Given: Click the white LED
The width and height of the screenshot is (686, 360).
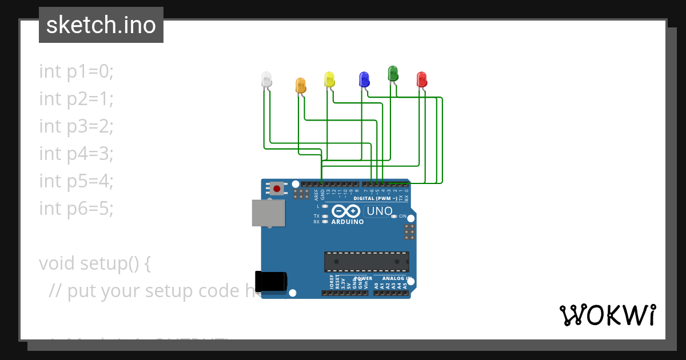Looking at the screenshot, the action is coord(266,79).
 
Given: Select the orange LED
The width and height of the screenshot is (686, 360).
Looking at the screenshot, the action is coord(301,85).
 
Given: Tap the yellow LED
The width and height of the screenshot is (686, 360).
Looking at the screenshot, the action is coord(329,79).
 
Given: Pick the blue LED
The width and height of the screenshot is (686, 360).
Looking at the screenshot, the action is coord(364,79).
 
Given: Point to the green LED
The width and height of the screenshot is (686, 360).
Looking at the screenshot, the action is coord(393,73).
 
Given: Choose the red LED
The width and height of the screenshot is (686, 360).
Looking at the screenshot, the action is coord(422,79).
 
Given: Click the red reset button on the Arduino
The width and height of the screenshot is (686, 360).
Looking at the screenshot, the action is coord(277,188).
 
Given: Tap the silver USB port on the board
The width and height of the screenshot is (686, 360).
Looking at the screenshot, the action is coord(269,213).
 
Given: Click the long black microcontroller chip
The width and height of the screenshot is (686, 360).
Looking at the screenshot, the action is coord(366,261).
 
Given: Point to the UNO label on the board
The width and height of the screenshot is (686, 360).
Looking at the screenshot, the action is coord(379,211).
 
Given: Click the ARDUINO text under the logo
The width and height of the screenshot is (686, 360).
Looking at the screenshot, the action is coord(348,222).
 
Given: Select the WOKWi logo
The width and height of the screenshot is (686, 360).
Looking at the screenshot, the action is coord(607,315).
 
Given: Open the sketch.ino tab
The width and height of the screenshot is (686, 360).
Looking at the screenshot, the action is coord(101,25).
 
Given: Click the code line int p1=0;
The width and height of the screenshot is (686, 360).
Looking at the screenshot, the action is coord(77,71).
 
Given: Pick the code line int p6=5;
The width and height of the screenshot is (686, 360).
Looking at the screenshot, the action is coord(77,209).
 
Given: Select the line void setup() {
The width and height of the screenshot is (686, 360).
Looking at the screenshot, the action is coord(95,263).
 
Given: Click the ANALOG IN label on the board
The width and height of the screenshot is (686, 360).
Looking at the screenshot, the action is coord(393,279).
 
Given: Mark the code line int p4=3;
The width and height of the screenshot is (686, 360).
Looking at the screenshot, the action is coord(77,154).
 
